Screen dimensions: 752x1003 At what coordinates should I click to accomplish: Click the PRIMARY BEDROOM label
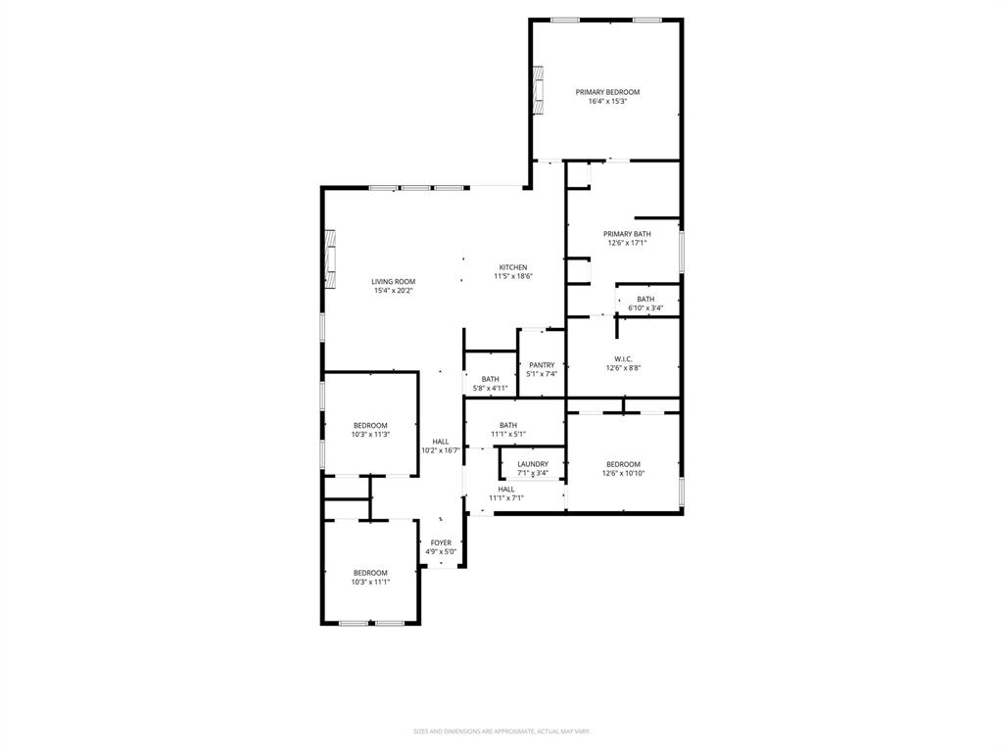point(607,92)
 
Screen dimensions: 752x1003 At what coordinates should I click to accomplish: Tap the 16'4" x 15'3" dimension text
point(607,101)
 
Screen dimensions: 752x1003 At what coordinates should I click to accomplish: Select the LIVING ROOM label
point(394,281)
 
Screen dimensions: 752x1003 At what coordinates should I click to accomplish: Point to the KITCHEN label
point(513,267)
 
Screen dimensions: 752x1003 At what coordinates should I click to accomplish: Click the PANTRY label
point(542,365)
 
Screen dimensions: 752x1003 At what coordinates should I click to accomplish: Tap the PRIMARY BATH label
point(627,234)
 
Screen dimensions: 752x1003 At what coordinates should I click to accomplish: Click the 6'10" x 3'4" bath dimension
point(645,308)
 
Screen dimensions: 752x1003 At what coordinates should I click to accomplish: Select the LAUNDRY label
point(533,464)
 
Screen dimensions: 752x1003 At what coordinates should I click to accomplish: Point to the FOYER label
point(441,542)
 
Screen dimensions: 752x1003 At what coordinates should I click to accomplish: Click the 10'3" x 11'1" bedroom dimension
point(370,582)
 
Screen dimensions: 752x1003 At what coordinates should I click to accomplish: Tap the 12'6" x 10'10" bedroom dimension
point(623,473)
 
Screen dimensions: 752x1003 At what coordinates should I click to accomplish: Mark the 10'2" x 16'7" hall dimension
point(441,450)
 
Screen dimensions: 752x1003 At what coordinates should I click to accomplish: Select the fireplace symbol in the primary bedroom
point(537,85)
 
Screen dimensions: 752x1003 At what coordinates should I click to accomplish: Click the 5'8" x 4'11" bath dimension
point(490,388)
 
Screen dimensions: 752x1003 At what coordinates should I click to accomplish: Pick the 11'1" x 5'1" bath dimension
point(508,434)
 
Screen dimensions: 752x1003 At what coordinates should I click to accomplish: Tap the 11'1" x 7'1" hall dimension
point(506,497)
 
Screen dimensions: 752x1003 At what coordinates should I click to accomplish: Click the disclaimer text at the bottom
point(501,730)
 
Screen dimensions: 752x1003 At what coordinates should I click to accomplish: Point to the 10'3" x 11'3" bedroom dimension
point(370,434)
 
